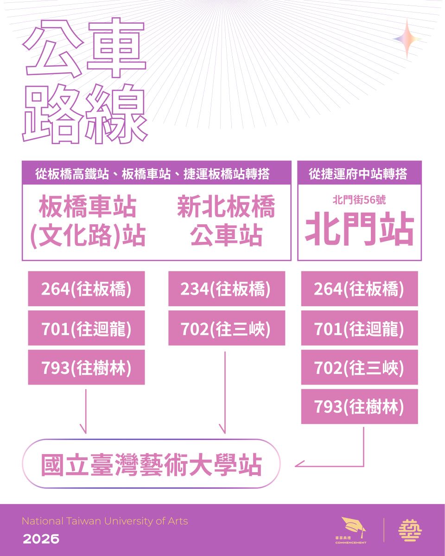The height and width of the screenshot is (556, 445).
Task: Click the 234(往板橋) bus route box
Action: click(x=227, y=288)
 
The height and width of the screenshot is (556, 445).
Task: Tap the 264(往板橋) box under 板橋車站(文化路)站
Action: click(x=86, y=288)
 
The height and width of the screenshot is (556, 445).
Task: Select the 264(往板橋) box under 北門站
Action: click(x=359, y=288)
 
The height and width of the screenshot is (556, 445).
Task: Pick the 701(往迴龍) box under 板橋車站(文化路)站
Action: click(x=86, y=328)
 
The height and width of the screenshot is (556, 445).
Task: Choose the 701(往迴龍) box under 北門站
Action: click(x=359, y=328)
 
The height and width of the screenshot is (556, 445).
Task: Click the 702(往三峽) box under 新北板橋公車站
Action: click(x=227, y=328)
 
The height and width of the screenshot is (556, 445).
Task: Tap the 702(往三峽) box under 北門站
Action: click(x=359, y=367)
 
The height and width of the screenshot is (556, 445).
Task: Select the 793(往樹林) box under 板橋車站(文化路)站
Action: click(x=86, y=367)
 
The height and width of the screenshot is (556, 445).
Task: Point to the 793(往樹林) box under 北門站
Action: click(x=359, y=406)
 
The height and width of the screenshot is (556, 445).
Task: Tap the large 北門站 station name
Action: click(x=359, y=228)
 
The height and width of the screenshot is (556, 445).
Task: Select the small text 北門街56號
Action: click(x=359, y=200)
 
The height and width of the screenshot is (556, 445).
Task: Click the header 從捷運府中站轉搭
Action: click(x=358, y=174)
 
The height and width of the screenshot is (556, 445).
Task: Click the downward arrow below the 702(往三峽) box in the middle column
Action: click(x=225, y=392)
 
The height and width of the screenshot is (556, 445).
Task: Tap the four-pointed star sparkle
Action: click(x=407, y=39)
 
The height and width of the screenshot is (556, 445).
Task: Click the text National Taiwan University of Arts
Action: click(x=105, y=521)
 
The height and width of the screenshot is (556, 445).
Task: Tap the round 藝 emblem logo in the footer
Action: click(x=410, y=530)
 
